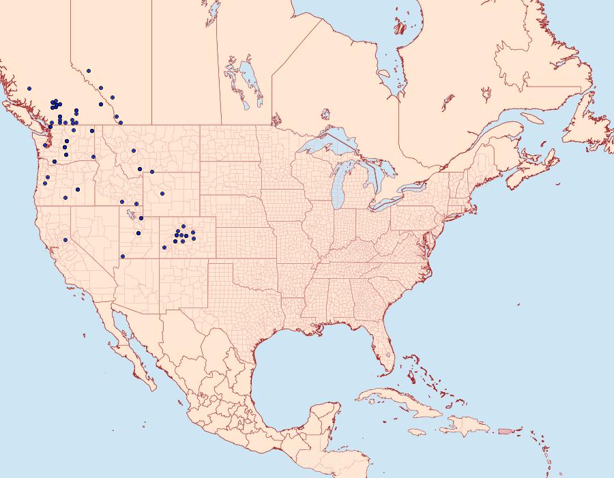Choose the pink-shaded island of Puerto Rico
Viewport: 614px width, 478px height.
coord(505,431)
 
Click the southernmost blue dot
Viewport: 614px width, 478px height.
coord(123,256)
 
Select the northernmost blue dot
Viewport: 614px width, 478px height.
coord(89,70)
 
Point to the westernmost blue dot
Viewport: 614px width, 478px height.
coord(29,89)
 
